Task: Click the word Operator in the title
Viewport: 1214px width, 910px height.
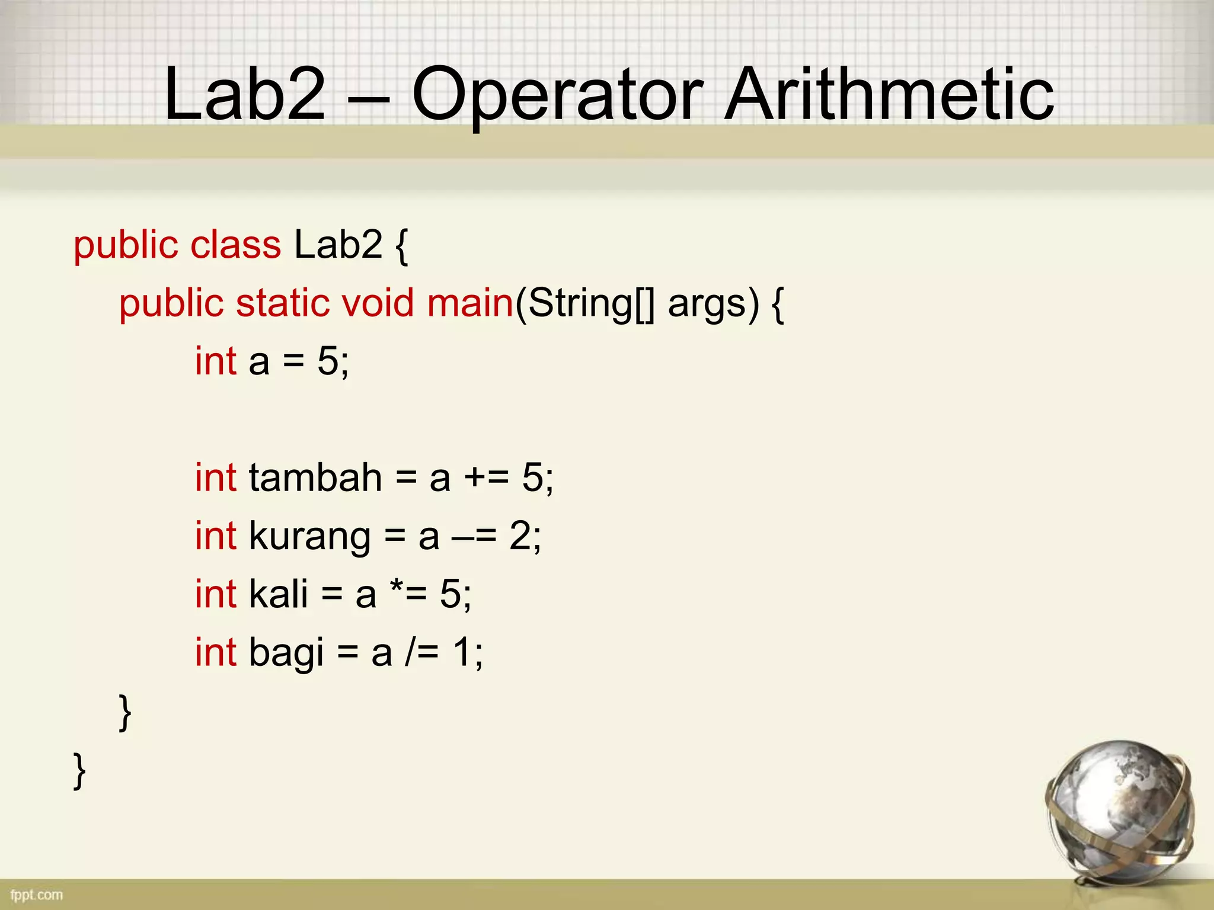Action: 557,95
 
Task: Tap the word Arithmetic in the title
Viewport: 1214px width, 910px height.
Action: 889,95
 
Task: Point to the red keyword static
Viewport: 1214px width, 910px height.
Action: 282,303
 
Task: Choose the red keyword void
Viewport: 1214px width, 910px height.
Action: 377,303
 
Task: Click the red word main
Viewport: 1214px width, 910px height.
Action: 469,303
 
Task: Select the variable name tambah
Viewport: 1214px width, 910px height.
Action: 315,477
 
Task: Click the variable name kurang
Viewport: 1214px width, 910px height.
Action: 309,537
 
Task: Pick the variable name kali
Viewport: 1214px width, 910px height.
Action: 279,594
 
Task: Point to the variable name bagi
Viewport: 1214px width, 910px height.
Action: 286,653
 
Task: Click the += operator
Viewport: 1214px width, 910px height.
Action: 486,477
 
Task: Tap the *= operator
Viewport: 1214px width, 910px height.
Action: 408,594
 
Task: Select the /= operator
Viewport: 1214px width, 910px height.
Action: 422,653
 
